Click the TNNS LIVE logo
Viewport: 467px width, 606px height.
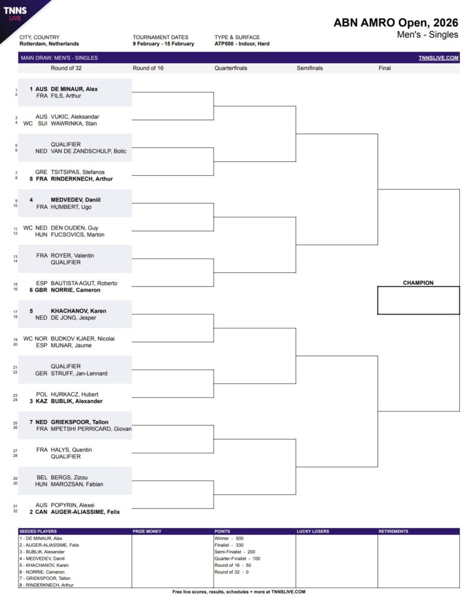15,14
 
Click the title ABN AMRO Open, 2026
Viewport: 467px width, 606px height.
395,23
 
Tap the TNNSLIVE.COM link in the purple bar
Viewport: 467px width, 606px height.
439,58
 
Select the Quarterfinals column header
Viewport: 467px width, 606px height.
231,68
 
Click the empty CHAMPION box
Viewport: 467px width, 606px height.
418,300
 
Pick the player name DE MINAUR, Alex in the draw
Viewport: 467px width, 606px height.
74,89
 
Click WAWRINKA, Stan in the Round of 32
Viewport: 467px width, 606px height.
74,124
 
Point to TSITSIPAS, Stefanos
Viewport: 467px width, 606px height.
78,172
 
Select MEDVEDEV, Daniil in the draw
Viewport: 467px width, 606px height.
76,200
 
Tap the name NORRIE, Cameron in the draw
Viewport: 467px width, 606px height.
76,290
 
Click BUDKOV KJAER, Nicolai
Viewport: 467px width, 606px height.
83,339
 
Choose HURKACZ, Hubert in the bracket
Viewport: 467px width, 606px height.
75,394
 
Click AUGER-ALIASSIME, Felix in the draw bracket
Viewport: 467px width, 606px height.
85,512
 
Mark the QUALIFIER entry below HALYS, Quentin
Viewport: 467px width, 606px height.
66,456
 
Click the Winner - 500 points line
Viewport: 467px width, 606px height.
229,539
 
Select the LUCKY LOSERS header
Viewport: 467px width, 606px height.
313,531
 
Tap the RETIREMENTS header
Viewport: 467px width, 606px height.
393,531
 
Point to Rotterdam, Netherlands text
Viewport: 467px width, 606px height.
49,44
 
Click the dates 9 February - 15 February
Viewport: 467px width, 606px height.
163,44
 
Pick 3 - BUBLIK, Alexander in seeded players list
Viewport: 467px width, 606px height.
42,552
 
